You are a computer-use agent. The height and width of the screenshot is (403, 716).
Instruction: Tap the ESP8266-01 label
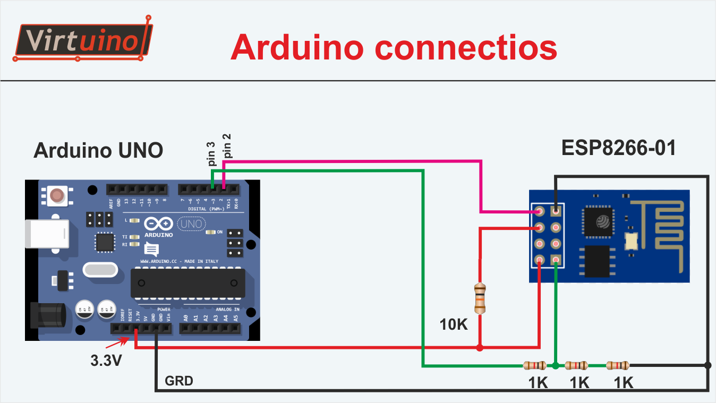point(619,148)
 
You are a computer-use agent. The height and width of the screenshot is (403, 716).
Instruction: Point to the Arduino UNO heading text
point(98,151)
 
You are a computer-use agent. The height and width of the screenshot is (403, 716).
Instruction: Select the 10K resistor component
point(480,298)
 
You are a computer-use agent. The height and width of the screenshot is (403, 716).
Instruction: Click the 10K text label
point(454,324)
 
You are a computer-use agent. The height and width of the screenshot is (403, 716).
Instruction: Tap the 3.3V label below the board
point(106,361)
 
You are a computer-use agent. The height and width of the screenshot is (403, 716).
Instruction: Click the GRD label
point(179,381)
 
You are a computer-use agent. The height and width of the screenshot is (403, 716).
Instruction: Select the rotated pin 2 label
point(227,146)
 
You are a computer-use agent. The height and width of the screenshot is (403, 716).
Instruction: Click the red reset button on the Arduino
point(57,195)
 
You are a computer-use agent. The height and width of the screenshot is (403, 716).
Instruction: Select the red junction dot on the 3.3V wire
point(480,348)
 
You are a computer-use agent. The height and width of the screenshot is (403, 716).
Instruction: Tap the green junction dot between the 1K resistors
point(555,365)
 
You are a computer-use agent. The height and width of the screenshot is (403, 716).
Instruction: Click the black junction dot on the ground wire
point(708,365)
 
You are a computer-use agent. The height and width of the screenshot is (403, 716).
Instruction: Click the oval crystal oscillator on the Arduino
point(100,270)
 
